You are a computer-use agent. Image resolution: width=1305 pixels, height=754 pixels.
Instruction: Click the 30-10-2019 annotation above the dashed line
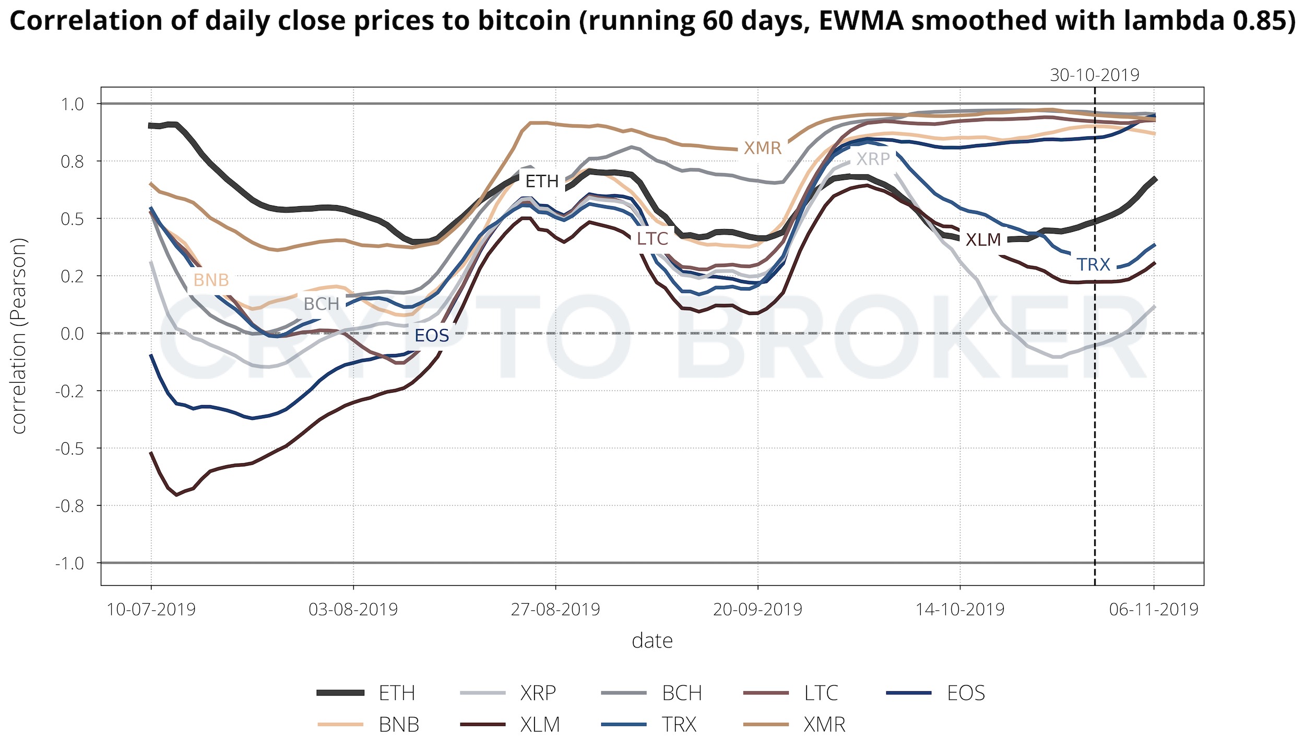tap(1095, 75)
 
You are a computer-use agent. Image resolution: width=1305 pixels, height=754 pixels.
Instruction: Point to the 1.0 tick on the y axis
tap(73, 104)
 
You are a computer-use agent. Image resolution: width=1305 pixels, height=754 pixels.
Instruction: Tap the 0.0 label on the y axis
tap(73, 333)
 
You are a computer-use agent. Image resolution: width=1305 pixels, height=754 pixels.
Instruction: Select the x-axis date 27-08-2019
tap(555, 609)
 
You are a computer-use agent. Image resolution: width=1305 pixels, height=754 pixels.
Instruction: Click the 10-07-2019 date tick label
tap(151, 609)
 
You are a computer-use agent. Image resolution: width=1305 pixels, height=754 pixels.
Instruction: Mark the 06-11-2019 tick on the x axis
tap(1154, 609)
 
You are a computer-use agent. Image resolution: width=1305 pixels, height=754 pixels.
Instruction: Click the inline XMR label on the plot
tap(763, 148)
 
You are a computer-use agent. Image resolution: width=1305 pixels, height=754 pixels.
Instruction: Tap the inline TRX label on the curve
tap(1094, 265)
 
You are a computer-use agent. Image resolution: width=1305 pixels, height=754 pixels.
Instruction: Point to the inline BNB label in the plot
tap(211, 280)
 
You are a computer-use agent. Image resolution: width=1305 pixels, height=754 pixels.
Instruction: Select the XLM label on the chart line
tap(983, 240)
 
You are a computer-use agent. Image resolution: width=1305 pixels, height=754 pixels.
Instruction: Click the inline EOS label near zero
tap(432, 335)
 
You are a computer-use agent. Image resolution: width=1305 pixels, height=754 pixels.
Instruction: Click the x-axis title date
tap(652, 641)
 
